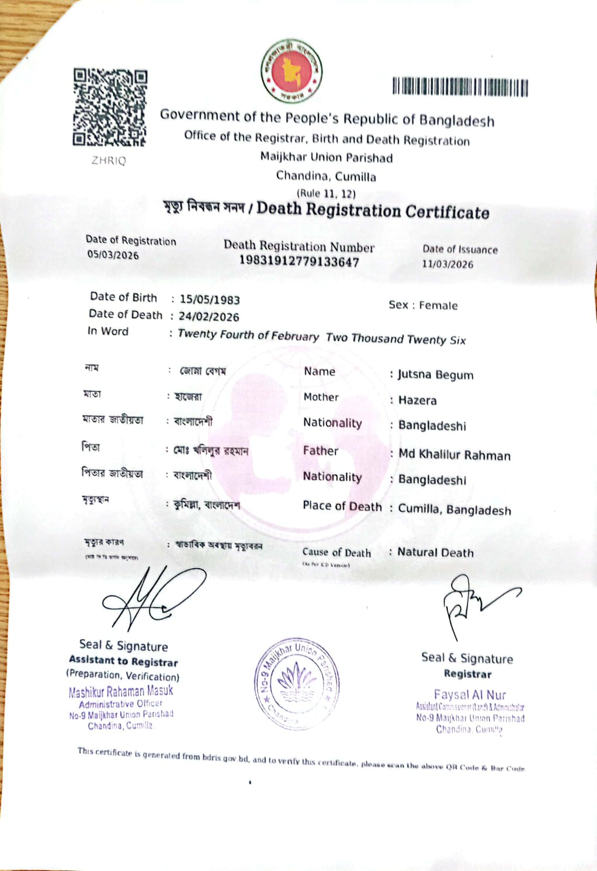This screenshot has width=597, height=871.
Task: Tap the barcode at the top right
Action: tap(460, 87)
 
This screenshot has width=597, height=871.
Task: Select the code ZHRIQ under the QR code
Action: tap(109, 161)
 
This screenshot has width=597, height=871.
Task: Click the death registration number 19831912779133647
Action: tap(299, 262)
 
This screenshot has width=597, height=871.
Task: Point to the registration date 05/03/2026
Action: tap(113, 255)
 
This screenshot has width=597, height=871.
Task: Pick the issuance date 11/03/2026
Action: tap(447, 264)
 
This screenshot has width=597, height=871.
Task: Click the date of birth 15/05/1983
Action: tap(210, 299)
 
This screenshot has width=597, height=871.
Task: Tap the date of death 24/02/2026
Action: tap(209, 316)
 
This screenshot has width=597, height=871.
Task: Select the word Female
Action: tap(438, 305)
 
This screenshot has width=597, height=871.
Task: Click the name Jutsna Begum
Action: tap(436, 375)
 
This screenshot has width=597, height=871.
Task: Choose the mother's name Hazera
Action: tap(418, 400)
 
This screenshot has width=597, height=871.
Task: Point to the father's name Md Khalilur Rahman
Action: tap(454, 455)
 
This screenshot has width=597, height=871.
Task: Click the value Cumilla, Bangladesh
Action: tap(454, 510)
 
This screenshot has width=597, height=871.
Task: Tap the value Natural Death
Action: tap(436, 552)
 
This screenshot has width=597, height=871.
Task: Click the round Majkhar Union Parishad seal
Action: tap(297, 682)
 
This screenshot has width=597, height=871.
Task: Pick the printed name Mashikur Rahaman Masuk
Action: tap(121, 692)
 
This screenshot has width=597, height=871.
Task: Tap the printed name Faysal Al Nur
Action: tap(470, 695)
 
